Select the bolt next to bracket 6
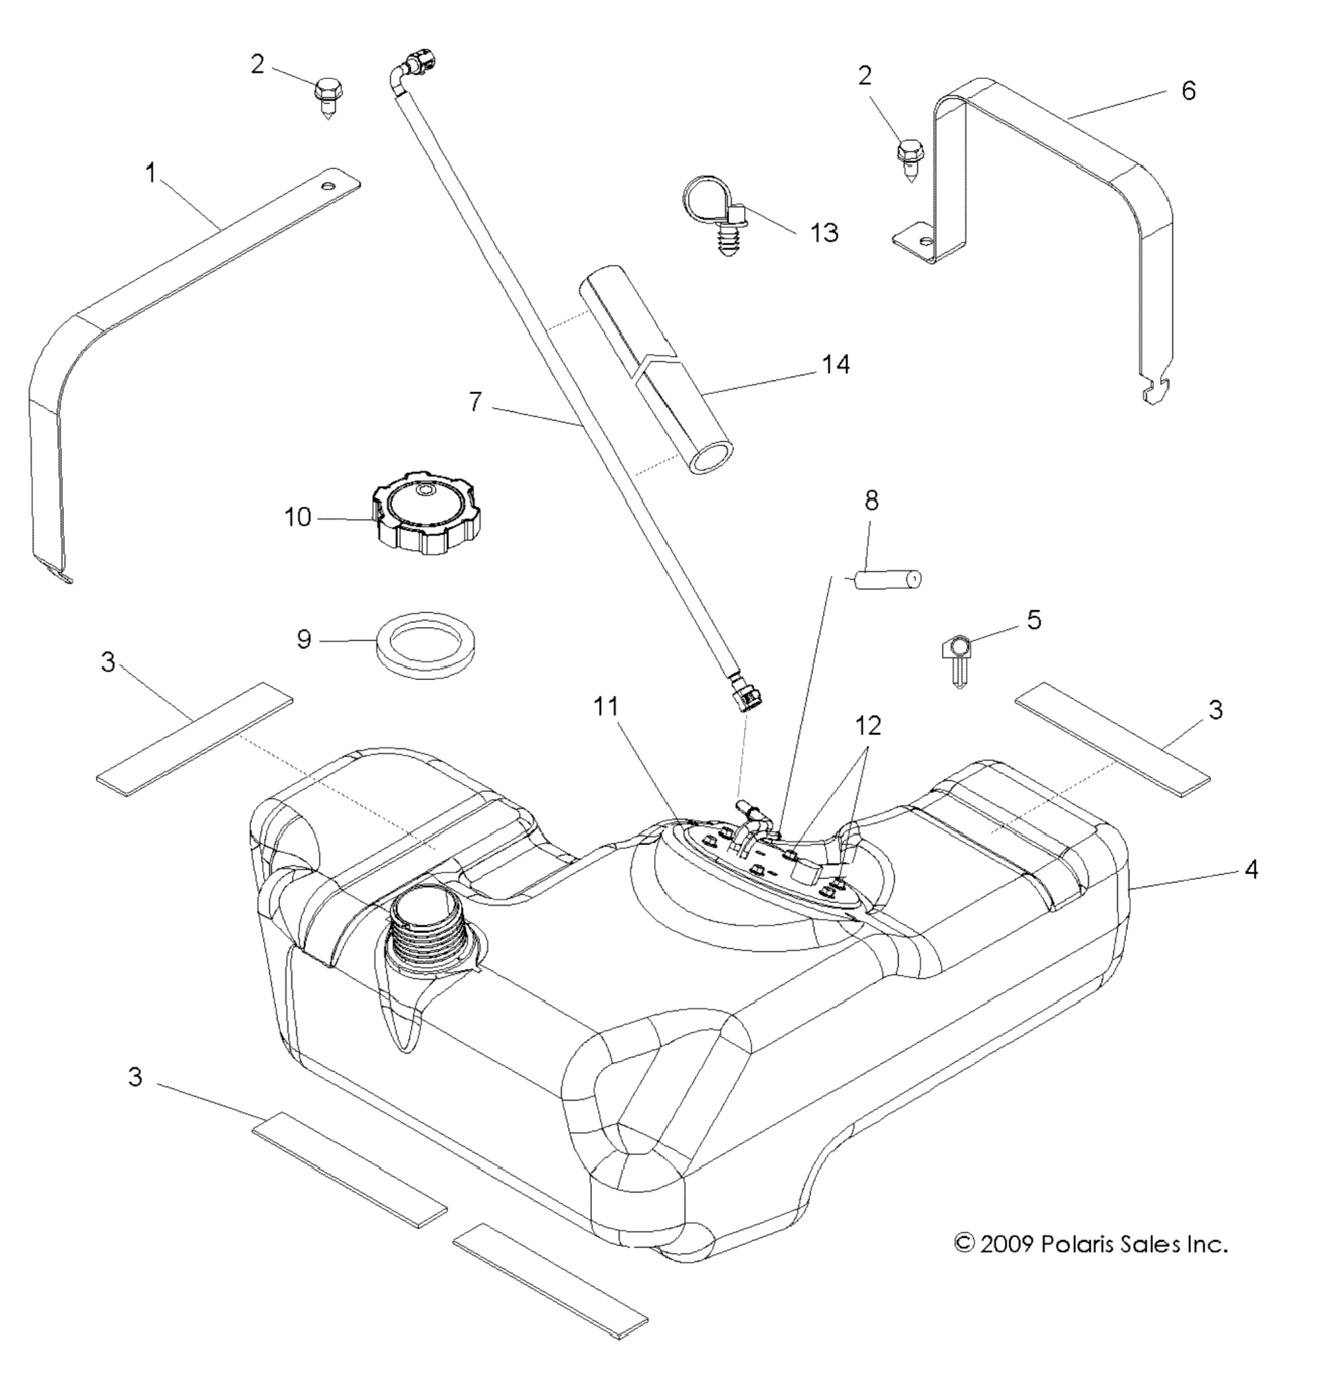[x=910, y=159]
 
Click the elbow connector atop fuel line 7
[x=417, y=63]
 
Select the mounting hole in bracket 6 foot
[x=926, y=241]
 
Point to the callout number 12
[x=868, y=725]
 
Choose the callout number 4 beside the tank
[x=1251, y=869]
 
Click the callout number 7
[x=475, y=402]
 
